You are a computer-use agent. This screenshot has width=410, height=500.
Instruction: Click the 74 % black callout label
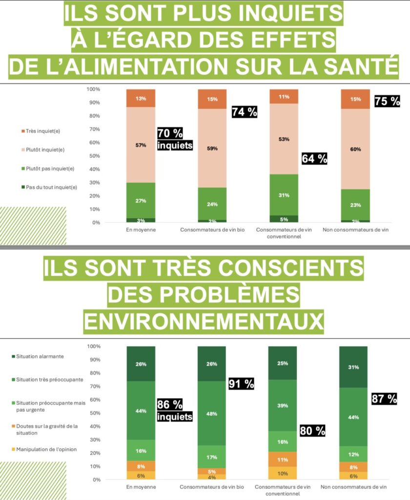click(x=244, y=112)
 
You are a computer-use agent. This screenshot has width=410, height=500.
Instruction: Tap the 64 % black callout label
click(x=314, y=159)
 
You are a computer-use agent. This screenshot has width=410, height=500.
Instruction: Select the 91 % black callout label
click(x=242, y=384)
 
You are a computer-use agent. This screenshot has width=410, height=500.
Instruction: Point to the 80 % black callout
click(x=312, y=431)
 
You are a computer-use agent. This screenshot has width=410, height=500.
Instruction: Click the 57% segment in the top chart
click(x=141, y=145)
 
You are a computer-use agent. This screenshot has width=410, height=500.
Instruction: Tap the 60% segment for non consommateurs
click(x=355, y=149)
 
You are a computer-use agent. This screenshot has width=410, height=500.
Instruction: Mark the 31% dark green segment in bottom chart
click(x=353, y=367)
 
